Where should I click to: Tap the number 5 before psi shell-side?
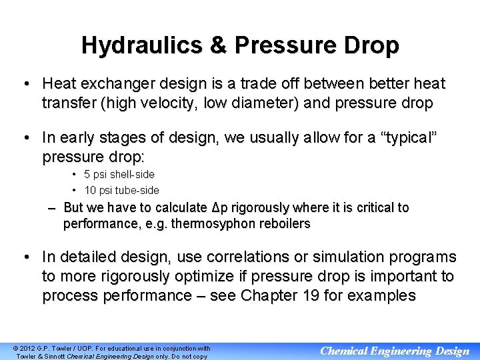tap(87, 174)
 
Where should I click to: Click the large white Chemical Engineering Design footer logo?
tap(395, 351)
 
